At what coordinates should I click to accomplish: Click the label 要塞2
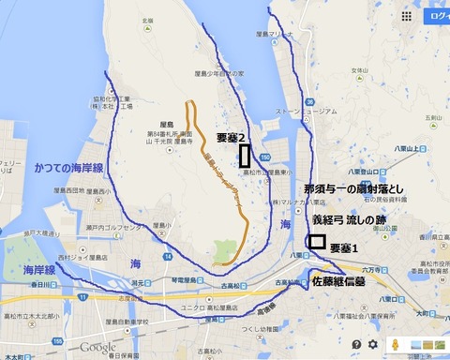pos(231,137)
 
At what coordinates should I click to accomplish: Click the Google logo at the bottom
pos(97,347)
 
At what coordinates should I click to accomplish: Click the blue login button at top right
pos(438,16)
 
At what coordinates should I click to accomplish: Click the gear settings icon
pos(372,345)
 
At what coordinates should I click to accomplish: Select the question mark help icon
pos(356,345)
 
